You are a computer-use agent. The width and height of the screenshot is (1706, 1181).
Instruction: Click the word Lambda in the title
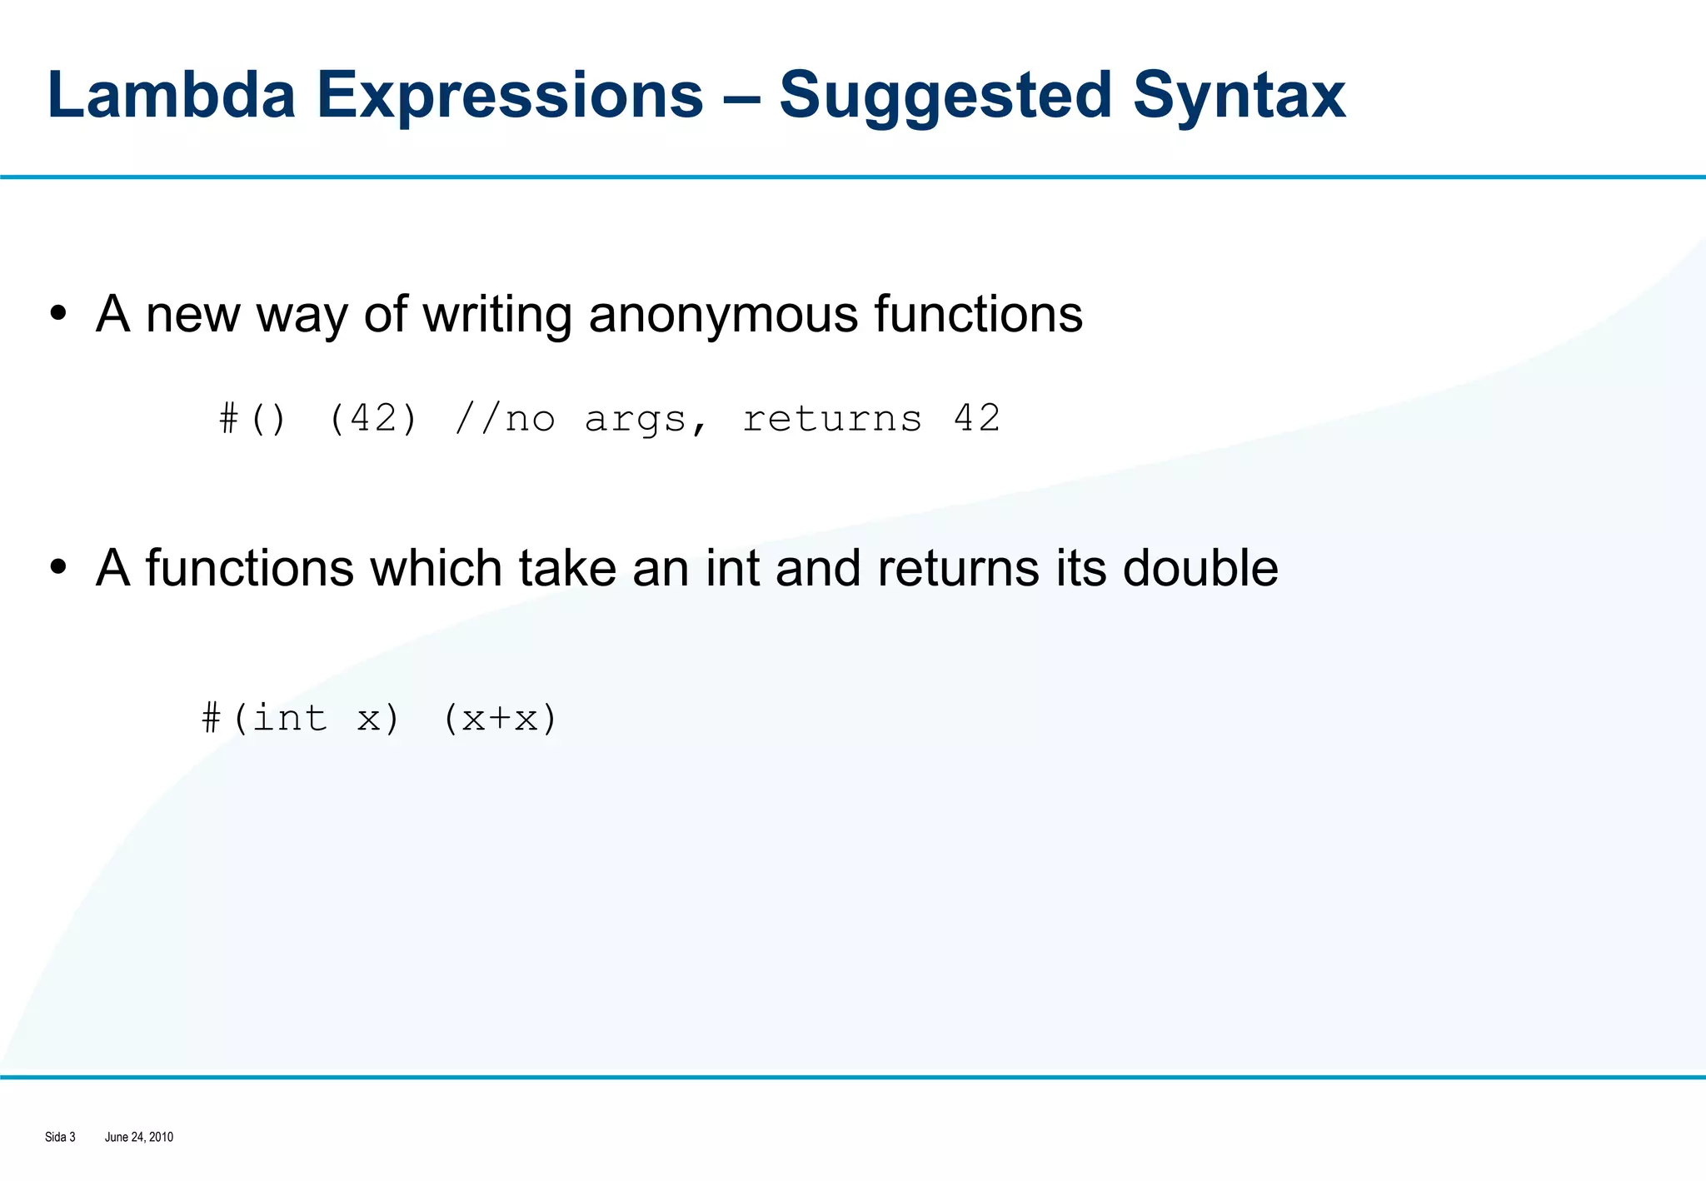tap(172, 95)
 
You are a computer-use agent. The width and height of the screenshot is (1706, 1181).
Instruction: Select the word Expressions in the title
tap(510, 95)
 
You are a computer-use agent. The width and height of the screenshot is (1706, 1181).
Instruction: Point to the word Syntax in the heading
tap(1239, 97)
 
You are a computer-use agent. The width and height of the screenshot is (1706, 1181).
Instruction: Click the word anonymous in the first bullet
tap(723, 315)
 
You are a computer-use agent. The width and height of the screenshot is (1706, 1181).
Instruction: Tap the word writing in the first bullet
tap(497, 315)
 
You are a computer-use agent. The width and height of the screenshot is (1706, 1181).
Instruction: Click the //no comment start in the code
tap(505, 418)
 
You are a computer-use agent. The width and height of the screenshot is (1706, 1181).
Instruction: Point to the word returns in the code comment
tap(832, 418)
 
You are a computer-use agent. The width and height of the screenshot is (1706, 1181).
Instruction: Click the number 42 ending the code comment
tap(976, 418)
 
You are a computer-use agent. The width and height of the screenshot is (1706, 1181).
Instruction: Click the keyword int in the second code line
tap(289, 718)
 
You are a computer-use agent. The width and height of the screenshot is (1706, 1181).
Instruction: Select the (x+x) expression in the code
tap(499, 718)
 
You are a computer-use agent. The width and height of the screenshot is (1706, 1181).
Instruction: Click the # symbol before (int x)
tap(212, 718)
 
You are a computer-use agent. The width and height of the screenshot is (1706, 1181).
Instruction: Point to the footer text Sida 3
tap(60, 1137)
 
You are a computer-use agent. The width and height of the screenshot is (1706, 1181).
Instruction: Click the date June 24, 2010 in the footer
tap(139, 1137)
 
